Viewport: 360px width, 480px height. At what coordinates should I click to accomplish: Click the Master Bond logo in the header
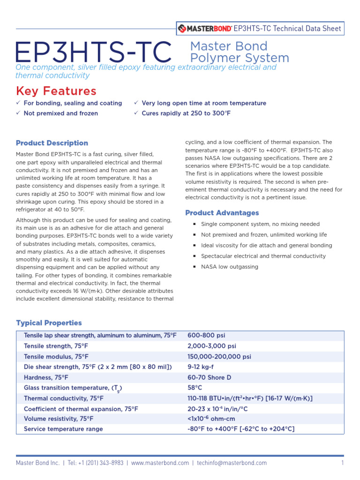point(205,29)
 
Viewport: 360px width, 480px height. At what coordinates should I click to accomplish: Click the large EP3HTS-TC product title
point(94,53)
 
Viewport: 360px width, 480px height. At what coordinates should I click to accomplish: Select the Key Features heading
point(56,90)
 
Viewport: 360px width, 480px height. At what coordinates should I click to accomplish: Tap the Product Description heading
point(52,143)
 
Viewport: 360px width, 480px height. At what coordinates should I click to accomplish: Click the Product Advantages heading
point(222,213)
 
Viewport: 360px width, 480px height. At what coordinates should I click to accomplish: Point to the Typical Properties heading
point(49,323)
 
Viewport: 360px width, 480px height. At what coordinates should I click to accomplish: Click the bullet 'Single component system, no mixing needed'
point(260,224)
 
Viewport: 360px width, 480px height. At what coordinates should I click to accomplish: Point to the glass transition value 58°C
point(195,388)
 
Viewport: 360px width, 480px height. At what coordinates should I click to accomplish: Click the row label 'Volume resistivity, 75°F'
point(59,419)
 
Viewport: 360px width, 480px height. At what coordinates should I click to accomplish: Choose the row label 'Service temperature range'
point(63,429)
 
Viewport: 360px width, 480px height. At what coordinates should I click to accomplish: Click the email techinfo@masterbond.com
point(232,463)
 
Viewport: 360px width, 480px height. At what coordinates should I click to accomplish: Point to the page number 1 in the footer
point(343,463)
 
